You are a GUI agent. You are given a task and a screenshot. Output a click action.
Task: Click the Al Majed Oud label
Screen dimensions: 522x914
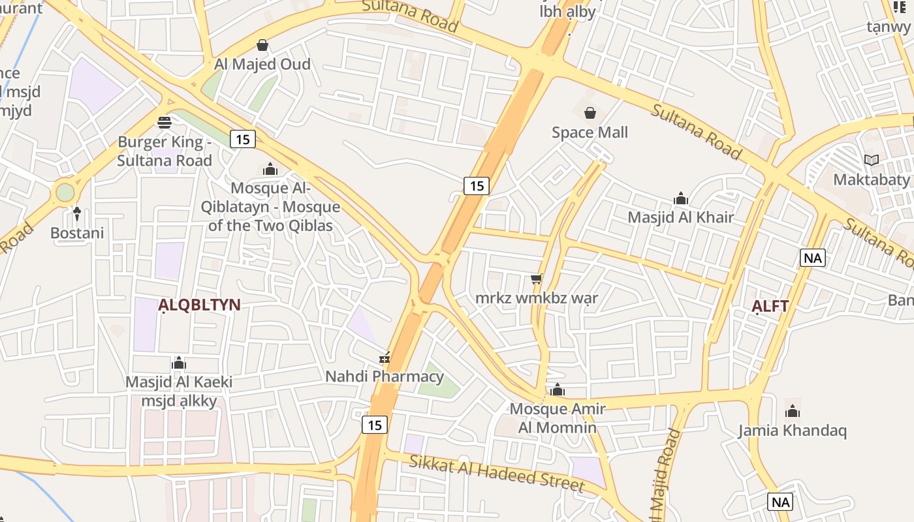[x=262, y=65]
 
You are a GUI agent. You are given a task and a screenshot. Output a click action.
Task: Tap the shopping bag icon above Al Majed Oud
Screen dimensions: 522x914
[x=262, y=45]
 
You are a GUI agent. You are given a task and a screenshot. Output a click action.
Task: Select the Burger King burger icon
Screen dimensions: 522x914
[x=165, y=122]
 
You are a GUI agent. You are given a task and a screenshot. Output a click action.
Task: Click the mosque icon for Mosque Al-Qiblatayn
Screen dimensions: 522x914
[x=270, y=170]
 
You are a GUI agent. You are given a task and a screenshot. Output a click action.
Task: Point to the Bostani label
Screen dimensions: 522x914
[x=77, y=233]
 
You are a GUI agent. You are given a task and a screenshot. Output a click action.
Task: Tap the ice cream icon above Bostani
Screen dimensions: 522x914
[x=77, y=213]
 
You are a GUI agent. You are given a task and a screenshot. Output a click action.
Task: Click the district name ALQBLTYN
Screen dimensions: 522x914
[x=200, y=305]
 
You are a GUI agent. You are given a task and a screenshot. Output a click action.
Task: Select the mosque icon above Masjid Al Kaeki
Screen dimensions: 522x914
[x=179, y=363]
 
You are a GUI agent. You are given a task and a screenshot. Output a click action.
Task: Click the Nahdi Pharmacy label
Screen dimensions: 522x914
[x=385, y=376]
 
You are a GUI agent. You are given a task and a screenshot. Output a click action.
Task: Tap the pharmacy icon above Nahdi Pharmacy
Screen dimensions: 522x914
[x=385, y=358]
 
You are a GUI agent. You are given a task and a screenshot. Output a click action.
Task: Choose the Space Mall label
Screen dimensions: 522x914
[x=590, y=132]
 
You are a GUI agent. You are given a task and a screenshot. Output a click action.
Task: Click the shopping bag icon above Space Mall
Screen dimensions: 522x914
[x=590, y=113]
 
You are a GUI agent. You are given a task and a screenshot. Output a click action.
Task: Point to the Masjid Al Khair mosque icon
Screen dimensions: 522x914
[x=681, y=198]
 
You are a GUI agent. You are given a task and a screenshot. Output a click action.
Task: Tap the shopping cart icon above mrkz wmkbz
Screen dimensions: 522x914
[x=537, y=279]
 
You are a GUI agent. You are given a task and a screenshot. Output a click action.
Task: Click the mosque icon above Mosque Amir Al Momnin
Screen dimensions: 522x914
[x=558, y=390]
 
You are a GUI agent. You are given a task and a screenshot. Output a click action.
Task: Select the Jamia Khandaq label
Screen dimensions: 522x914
[x=792, y=431]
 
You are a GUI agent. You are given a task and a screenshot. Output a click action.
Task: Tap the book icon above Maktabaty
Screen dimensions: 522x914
[x=872, y=160]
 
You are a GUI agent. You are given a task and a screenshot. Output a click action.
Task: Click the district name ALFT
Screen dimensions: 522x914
[x=770, y=306]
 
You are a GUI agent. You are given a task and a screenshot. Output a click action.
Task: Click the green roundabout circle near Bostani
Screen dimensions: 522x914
[x=65, y=192]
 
